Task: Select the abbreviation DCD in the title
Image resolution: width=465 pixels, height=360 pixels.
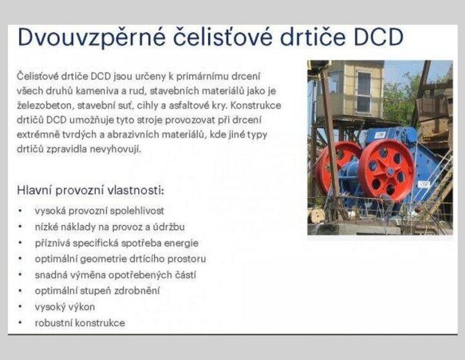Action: (x=379, y=37)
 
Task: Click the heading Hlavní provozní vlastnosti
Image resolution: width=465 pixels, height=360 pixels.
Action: (x=91, y=190)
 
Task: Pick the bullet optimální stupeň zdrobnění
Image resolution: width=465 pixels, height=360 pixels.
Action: (x=98, y=291)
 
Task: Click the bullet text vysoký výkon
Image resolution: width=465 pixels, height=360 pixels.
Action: (x=65, y=307)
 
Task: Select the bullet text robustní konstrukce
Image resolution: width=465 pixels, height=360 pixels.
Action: (x=80, y=323)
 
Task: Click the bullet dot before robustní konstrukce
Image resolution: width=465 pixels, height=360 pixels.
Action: (x=21, y=323)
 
